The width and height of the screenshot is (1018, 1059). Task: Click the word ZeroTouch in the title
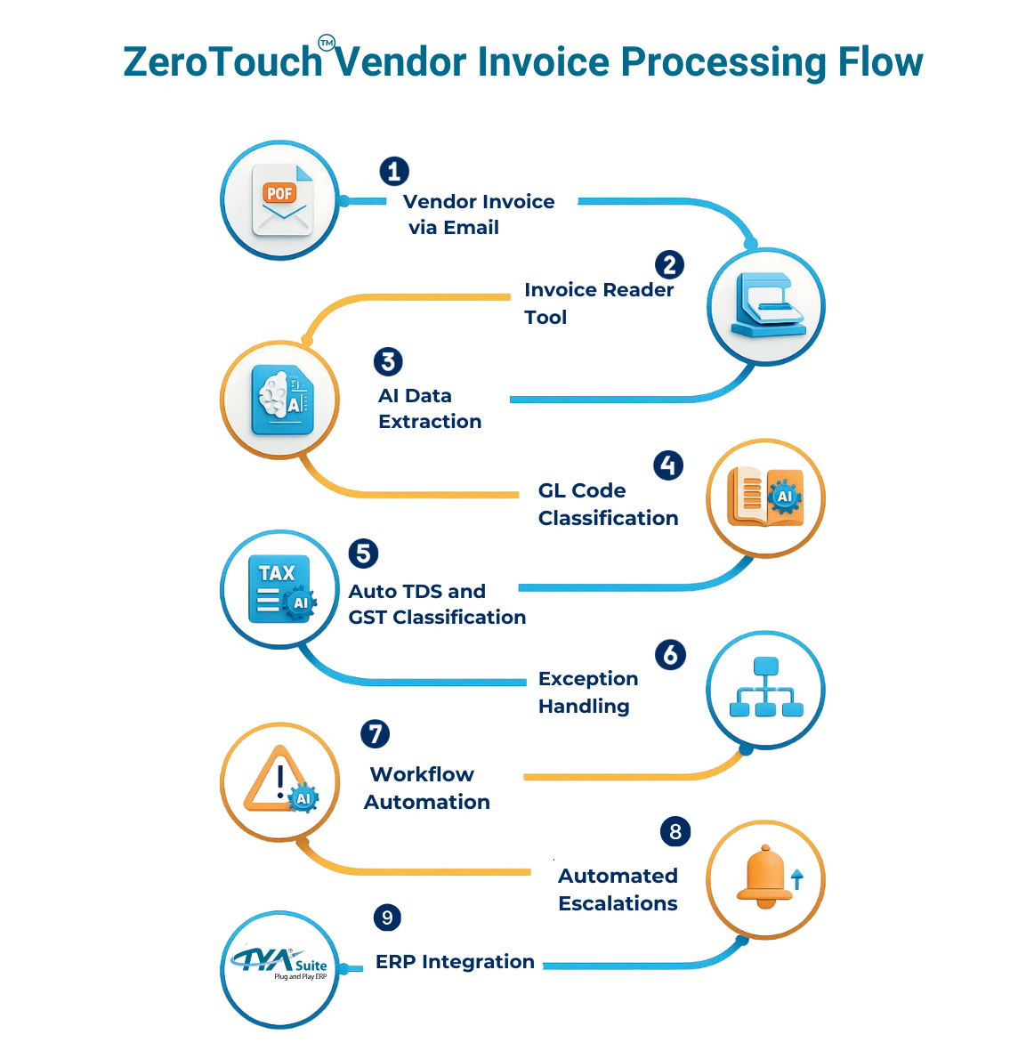222,62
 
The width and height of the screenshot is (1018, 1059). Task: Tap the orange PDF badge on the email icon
279,193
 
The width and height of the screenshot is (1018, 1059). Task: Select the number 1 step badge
394,171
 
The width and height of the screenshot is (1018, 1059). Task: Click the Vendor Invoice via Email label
478,214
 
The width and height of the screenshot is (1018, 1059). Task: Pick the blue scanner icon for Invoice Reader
766,305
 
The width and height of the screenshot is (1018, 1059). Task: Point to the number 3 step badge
388,361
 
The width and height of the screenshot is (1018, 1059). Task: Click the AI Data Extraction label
430,408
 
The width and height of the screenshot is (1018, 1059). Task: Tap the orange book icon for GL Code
765,497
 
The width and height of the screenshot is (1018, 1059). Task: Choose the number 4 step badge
668,465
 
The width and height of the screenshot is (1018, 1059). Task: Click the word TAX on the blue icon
277,573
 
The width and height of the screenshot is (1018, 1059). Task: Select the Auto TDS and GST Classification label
437,604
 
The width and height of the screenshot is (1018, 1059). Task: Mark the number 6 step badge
670,655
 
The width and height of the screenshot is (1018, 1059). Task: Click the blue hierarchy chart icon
766,688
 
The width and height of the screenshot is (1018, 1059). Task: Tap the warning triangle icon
279,780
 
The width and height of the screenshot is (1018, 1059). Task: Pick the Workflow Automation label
426,788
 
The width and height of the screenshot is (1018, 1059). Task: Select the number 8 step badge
675,831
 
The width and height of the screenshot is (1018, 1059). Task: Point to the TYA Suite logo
279,965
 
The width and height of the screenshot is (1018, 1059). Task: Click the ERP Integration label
455,962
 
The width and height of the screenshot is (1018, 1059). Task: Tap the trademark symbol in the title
327,43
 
